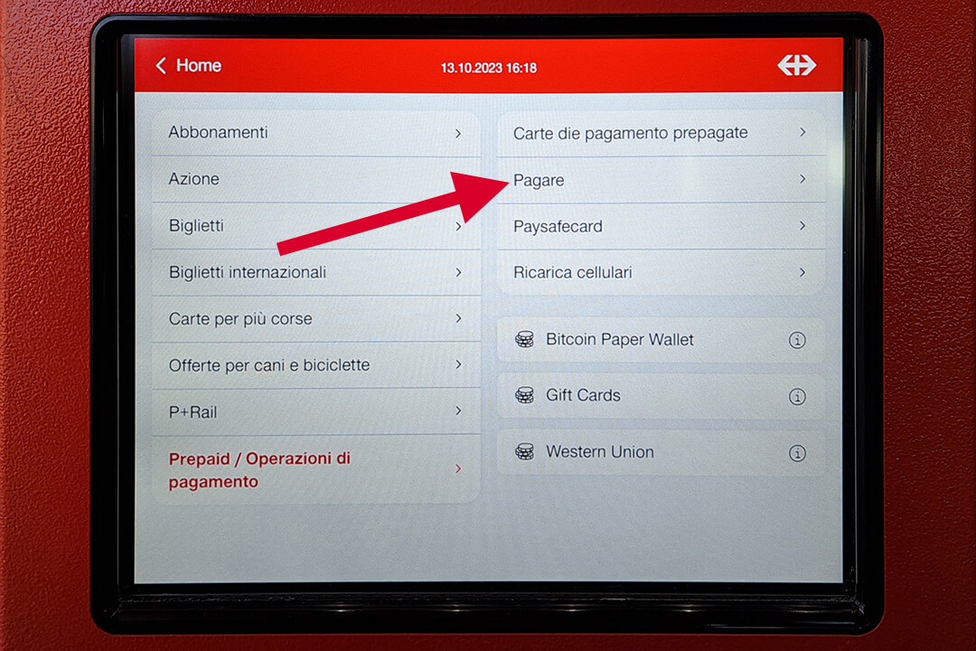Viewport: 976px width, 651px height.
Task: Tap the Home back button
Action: [188, 65]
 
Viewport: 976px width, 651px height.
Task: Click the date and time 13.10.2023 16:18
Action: [489, 68]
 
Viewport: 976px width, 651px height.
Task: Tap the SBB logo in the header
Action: [797, 65]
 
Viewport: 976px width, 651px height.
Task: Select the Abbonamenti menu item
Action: [218, 132]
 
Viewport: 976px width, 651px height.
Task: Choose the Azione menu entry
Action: [193, 179]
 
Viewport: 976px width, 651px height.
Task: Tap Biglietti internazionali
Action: [247, 272]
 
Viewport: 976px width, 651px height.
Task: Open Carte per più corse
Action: [240, 318]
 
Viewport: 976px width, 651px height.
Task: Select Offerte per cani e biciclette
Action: [269, 365]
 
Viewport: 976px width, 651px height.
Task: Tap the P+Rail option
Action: [193, 411]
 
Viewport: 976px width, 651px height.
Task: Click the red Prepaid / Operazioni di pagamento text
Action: [259, 470]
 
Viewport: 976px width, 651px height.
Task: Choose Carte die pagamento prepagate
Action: [630, 133]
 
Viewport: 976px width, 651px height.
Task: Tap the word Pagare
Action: [539, 180]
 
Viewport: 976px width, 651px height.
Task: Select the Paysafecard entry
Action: [558, 226]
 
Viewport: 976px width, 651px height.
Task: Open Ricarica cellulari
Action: [572, 272]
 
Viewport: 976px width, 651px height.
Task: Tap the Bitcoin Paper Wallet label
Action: [619, 340]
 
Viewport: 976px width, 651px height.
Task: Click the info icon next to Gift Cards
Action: [797, 396]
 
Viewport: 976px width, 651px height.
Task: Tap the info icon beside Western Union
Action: [797, 453]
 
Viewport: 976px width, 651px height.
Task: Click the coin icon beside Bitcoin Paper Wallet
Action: [525, 340]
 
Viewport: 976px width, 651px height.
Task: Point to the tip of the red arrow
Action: [511, 181]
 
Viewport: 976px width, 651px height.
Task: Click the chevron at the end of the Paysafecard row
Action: [802, 225]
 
